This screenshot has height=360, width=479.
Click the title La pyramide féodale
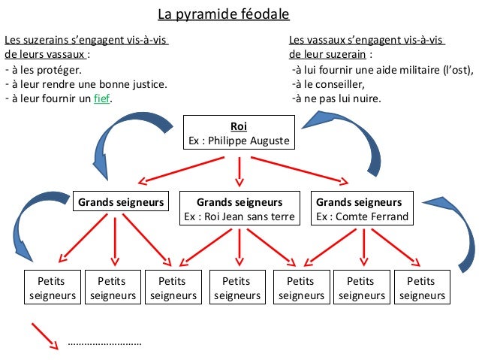click(x=224, y=14)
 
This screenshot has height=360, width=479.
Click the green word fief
click(x=102, y=99)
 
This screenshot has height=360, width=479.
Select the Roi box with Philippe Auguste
click(x=239, y=133)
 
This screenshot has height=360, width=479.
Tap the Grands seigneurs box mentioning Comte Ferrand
click(x=362, y=209)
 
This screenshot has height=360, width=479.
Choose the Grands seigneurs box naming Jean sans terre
click(x=239, y=209)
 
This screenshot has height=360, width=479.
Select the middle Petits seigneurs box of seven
click(x=237, y=288)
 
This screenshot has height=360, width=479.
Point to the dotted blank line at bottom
click(x=104, y=343)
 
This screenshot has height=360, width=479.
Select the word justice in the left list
click(x=146, y=85)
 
